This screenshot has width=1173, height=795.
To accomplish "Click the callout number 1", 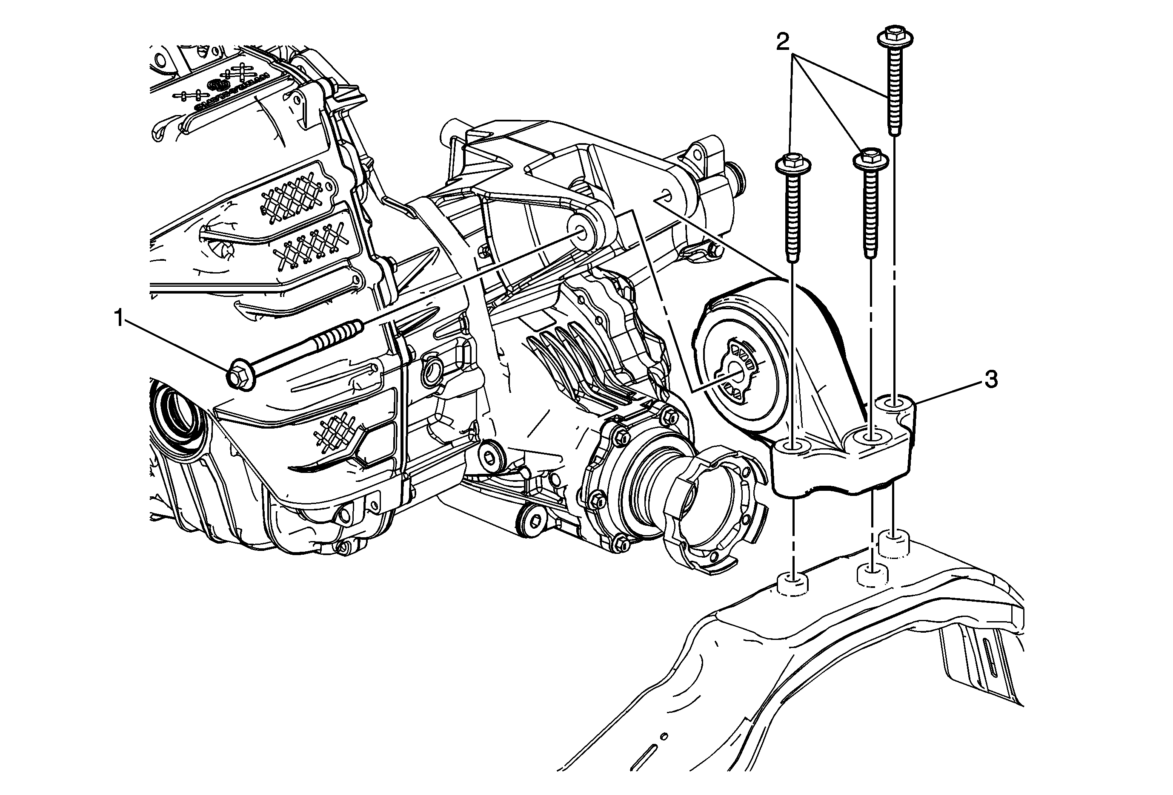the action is tap(119, 319).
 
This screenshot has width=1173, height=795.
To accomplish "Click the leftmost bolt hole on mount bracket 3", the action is tap(793, 446).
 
